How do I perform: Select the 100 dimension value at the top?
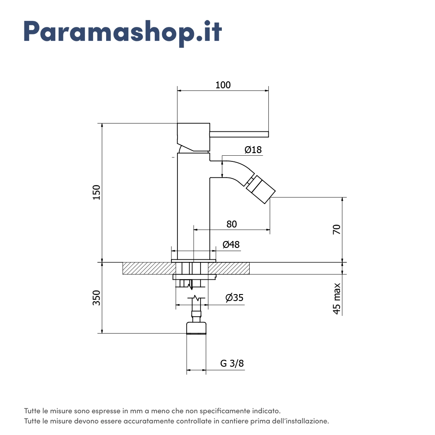click(x=223, y=85)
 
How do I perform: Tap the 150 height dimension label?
click(x=96, y=192)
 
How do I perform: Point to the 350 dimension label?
click(x=96, y=298)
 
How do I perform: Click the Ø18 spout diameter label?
click(x=253, y=150)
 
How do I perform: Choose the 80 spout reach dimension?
click(x=232, y=224)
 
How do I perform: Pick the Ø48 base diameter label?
click(x=231, y=244)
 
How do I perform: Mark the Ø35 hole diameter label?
click(x=234, y=298)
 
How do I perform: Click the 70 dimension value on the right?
click(x=337, y=229)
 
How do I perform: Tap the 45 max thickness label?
click(x=337, y=298)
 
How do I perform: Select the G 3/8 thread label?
click(x=232, y=364)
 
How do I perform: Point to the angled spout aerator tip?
click(x=261, y=189)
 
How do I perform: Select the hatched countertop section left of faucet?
click(x=146, y=268)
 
